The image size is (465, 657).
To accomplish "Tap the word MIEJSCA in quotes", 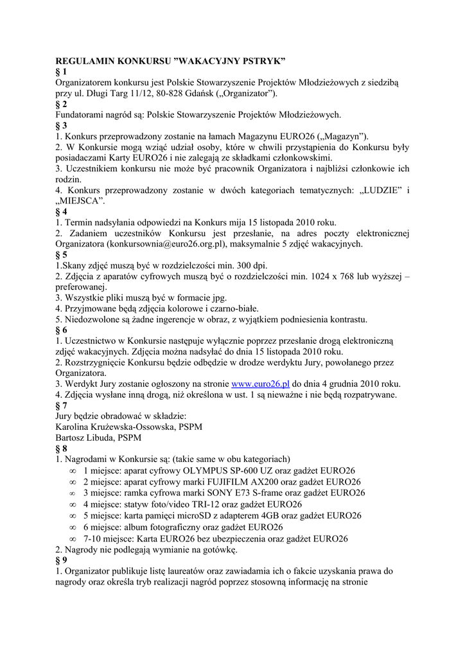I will (81, 201).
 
